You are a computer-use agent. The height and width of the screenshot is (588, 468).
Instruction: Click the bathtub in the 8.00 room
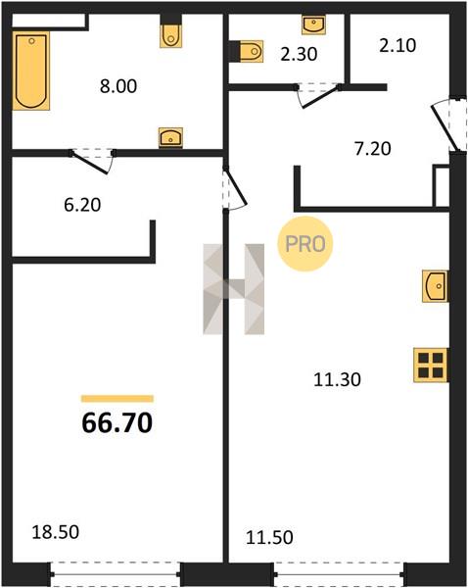pos(31,71)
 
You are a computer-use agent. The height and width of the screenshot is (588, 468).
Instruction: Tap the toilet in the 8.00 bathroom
pos(171,35)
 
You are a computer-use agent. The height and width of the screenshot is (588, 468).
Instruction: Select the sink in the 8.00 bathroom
pos(170,137)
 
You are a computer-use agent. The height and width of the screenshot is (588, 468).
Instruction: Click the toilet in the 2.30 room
pos(251,51)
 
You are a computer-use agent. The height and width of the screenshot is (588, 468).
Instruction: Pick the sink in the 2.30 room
pos(313,24)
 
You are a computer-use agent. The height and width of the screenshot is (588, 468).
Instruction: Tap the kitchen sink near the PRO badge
pos(435,286)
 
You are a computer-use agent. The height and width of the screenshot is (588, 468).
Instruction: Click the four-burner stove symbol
pos(431,366)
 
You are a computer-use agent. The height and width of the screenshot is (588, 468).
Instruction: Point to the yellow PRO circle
pos(305,244)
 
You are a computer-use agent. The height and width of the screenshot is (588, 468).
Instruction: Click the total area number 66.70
pos(117,422)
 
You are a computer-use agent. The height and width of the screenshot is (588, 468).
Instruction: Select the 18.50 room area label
pos(56,532)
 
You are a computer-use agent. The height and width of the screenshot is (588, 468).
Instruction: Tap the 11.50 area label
pos(269,537)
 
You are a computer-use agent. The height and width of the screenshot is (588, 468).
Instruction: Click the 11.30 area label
pos(337,379)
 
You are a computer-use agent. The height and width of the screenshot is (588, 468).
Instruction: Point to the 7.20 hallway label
pos(372,149)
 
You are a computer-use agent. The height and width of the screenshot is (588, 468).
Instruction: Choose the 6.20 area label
pos(82,205)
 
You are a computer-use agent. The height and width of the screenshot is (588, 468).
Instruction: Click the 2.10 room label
pos(398,46)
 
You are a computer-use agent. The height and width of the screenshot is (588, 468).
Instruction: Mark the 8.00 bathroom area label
pos(118,86)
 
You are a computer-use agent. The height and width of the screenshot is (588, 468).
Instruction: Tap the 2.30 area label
pos(299,54)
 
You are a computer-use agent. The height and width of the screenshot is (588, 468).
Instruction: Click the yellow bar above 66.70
pos(117,399)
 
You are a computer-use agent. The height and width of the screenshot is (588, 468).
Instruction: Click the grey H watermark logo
pos(234,289)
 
